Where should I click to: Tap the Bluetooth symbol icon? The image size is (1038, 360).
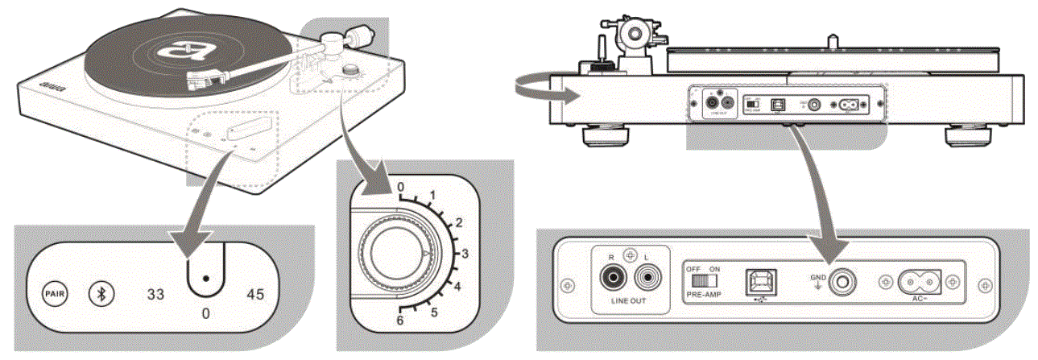(x=100, y=292)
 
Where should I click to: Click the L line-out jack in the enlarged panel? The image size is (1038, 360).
(x=646, y=279)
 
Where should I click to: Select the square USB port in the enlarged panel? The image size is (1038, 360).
(x=759, y=279)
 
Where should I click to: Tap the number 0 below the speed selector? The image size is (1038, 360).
(x=207, y=310)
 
